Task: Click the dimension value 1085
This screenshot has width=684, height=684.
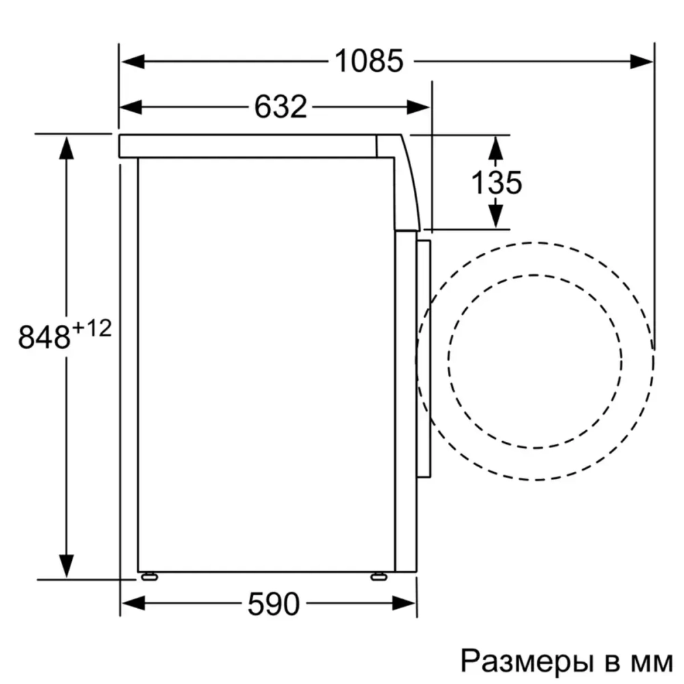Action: click(x=369, y=62)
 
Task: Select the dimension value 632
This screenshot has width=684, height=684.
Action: click(x=280, y=107)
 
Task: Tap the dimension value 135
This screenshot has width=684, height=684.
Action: click(x=497, y=182)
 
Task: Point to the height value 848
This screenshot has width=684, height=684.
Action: click(x=44, y=337)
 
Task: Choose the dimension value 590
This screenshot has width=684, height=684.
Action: click(x=273, y=603)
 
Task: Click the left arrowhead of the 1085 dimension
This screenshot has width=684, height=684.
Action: click(x=133, y=62)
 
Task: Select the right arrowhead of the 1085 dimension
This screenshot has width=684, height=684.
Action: click(x=642, y=62)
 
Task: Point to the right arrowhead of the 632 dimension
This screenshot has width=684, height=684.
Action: click(x=419, y=107)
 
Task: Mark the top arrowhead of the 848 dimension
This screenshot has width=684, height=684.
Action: click(x=66, y=148)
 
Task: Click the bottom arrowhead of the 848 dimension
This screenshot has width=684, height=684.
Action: click(x=66, y=566)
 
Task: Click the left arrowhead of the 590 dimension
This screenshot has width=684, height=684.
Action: click(x=133, y=603)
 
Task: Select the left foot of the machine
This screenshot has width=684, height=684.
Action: click(x=148, y=575)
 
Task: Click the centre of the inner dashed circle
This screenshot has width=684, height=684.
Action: click(x=536, y=361)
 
